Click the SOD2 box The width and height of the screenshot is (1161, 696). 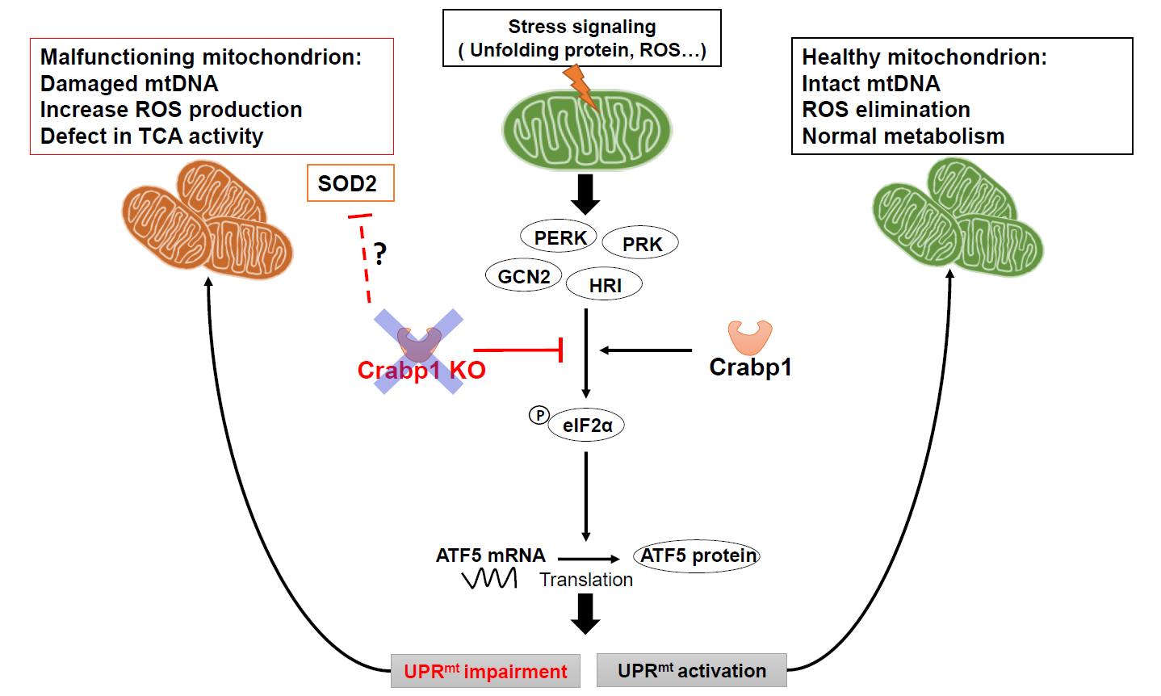[x=350, y=183]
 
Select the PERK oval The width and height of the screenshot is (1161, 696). [x=559, y=237]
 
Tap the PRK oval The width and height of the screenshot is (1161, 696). [x=640, y=244]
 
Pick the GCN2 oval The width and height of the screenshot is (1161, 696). [x=524, y=276]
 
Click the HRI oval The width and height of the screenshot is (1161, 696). [x=605, y=285]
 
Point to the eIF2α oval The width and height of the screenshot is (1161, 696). [x=587, y=425]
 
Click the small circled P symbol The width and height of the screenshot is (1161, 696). [x=539, y=415]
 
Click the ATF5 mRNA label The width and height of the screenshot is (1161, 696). [x=490, y=556]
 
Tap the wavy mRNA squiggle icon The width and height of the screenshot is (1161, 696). [x=489, y=578]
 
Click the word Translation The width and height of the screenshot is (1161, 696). [x=586, y=580]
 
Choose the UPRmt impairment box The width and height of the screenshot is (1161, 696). [x=485, y=671]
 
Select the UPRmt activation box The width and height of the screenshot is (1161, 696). [x=692, y=670]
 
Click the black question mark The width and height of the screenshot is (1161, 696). [x=379, y=254]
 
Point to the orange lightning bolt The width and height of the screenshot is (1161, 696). [x=581, y=86]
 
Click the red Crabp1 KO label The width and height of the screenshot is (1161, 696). [x=421, y=370]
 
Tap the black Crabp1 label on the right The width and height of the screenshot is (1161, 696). [x=750, y=367]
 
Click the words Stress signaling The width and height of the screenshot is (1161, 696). [x=581, y=27]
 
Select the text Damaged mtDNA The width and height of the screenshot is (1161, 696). [x=129, y=84]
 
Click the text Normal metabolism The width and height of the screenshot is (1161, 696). [x=903, y=136]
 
